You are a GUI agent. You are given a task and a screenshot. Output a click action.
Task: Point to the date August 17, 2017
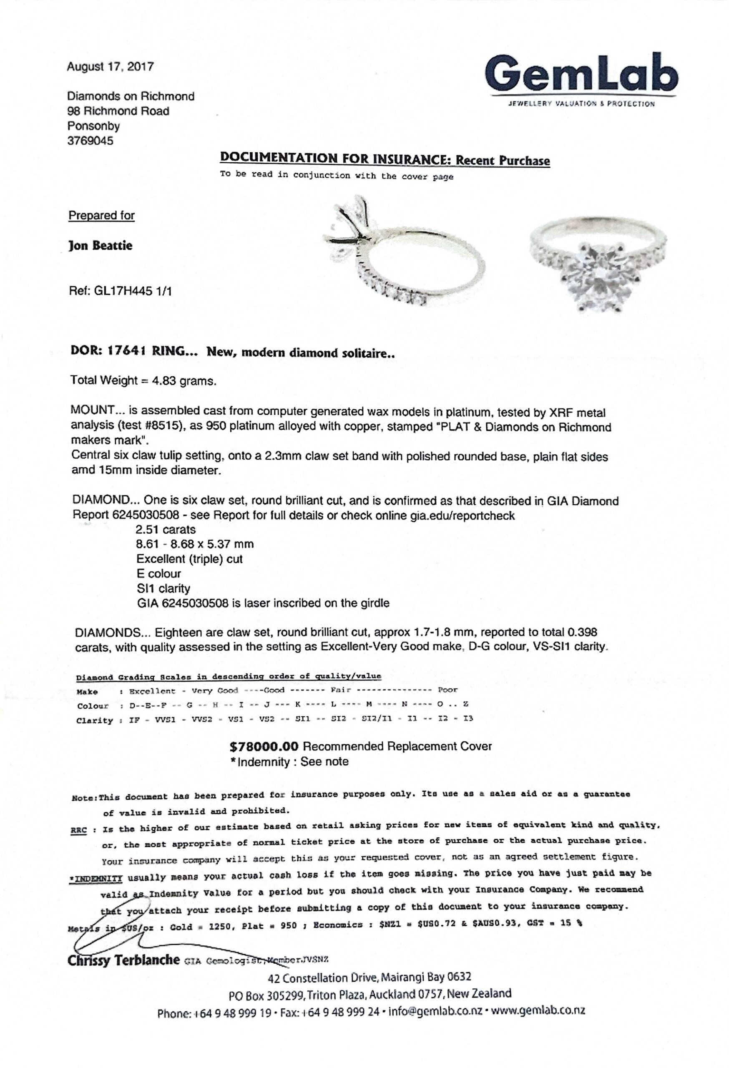(110, 67)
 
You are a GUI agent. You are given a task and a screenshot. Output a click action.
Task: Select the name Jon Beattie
(100, 245)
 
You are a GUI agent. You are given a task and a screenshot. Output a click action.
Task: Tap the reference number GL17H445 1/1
(121, 291)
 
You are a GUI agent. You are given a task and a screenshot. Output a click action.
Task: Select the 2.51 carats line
(166, 529)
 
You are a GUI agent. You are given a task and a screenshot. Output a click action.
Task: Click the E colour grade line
(158, 574)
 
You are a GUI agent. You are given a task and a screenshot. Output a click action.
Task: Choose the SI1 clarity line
(163, 588)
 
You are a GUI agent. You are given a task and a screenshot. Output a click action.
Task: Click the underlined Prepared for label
(101, 216)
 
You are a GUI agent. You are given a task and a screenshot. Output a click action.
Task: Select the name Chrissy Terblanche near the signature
(123, 960)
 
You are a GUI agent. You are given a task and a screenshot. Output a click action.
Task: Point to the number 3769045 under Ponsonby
(90, 141)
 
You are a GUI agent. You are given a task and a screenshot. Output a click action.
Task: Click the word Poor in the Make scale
(447, 690)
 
